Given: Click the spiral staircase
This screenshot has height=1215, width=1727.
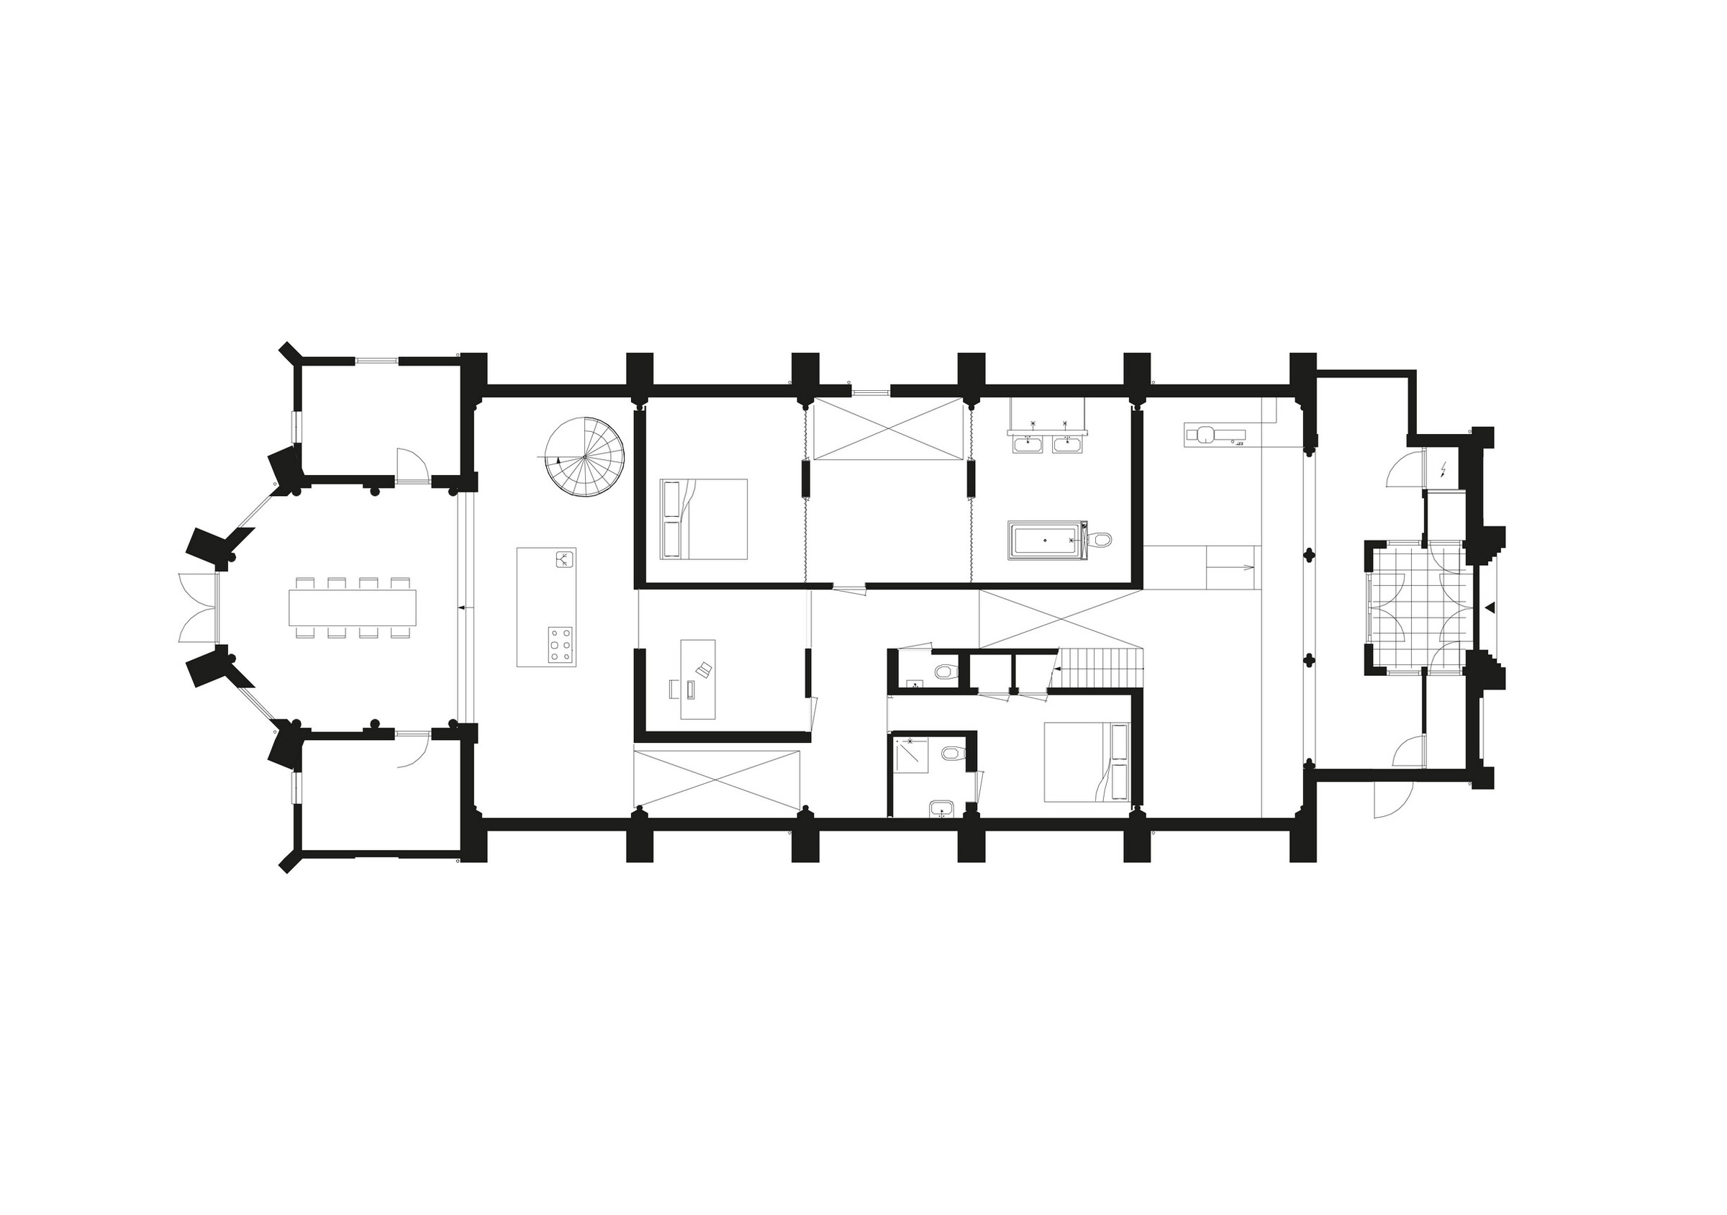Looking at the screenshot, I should coord(584,456).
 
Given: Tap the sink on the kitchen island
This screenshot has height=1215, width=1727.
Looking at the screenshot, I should coord(565,559).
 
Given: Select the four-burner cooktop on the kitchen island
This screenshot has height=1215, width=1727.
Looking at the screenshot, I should coord(560,645).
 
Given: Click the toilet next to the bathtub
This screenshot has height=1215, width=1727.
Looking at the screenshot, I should coord(1101,539).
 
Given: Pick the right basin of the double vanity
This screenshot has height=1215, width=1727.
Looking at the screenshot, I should coord(1066,446).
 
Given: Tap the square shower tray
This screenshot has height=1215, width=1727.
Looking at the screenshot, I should coord(912,755).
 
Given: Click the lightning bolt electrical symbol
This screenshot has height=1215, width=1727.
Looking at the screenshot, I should coord(1443,471).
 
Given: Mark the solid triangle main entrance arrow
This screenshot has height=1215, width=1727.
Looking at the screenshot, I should coord(1492,606).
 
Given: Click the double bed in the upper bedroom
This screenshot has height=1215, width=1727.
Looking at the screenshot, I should coord(704,519).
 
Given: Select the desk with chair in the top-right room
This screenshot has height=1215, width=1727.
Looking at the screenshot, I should coord(1214,433).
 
